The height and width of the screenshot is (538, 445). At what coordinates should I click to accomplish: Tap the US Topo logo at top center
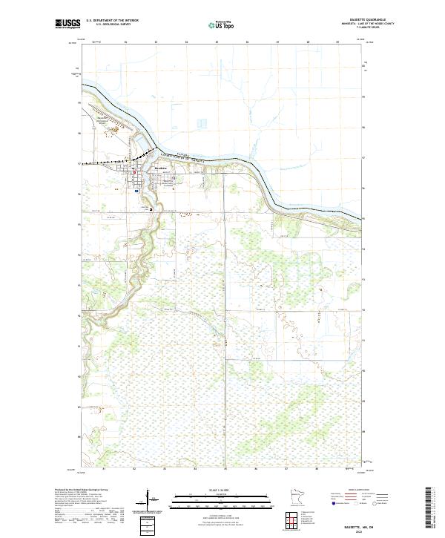[222, 24]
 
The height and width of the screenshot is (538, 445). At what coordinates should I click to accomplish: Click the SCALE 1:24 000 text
[222, 488]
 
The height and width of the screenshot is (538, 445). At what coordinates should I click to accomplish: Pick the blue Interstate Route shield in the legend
[330, 502]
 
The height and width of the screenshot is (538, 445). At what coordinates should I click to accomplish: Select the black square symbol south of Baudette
[153, 209]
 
